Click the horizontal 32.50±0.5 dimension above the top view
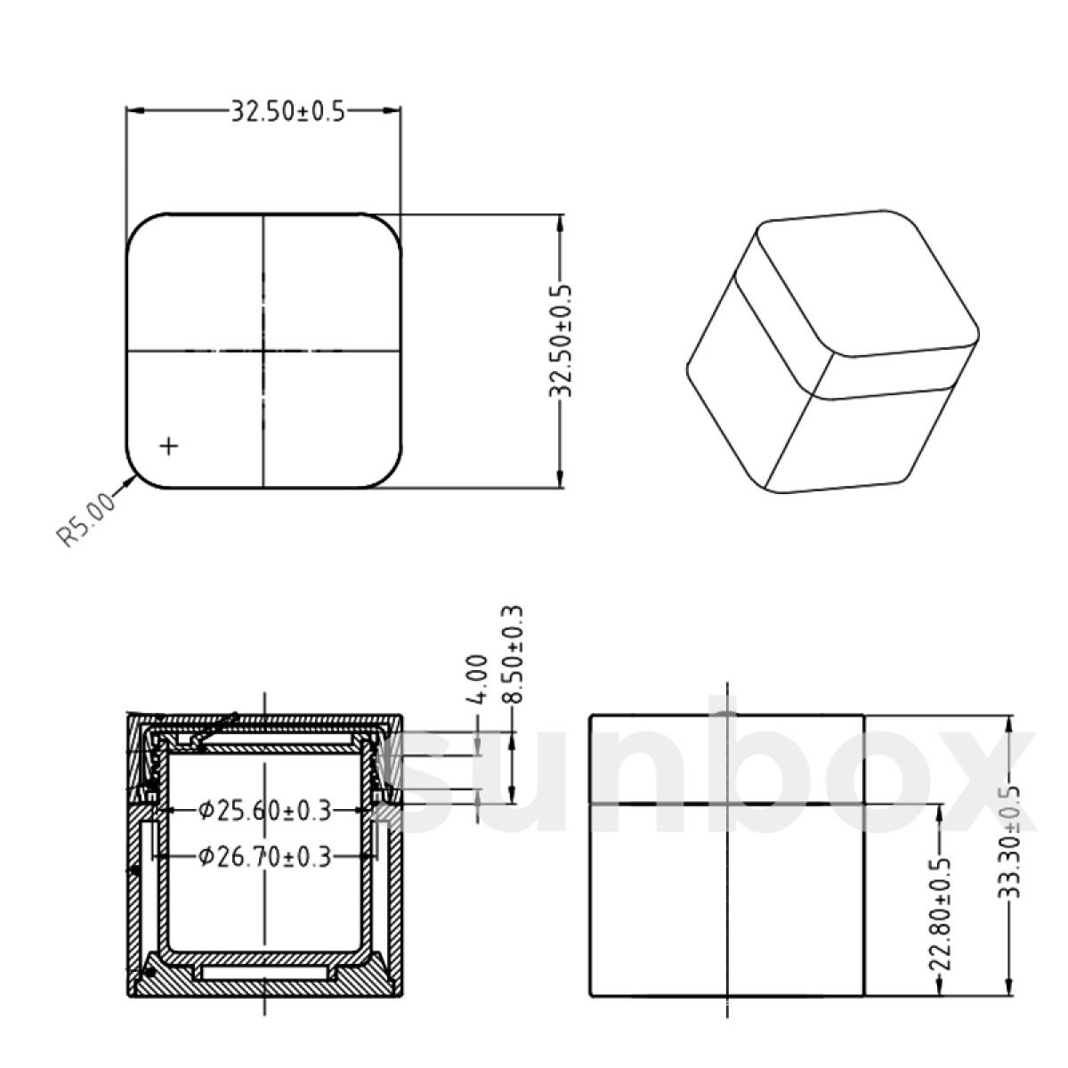click(287, 111)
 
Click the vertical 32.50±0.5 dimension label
click(560, 341)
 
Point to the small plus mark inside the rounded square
click(168, 445)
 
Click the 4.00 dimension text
click(477, 679)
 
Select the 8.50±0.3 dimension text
click(513, 655)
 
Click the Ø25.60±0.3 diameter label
click(264, 811)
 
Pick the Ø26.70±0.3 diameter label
click(264, 857)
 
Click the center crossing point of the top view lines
click(263, 351)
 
